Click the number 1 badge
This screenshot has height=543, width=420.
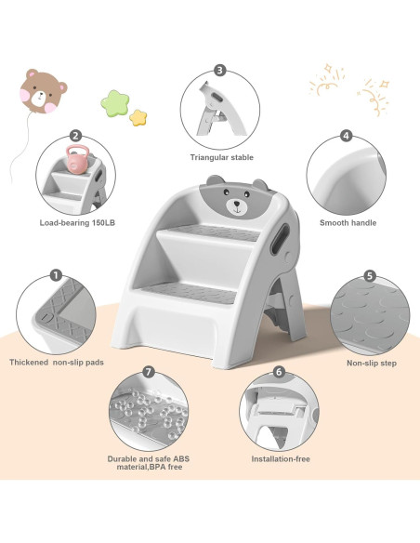(56, 275)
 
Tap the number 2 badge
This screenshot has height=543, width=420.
(75, 136)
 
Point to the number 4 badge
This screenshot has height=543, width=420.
(346, 136)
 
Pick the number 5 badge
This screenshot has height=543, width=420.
(369, 276)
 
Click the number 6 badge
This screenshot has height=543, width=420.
(279, 372)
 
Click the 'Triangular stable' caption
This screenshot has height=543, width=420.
(221, 158)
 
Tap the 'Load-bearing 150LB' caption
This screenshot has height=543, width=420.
(77, 223)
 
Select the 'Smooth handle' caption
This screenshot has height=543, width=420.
(347, 223)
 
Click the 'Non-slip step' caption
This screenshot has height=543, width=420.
(371, 363)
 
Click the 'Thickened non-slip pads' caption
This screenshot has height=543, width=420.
(55, 363)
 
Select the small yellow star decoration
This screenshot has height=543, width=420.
(139, 117)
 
